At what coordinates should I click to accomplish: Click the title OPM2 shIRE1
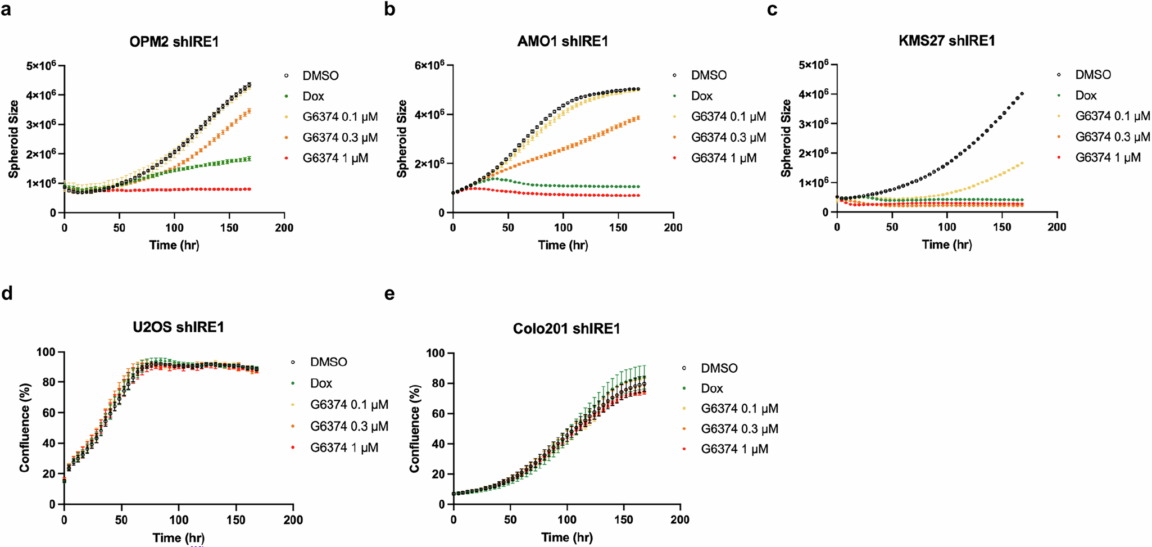click(x=174, y=42)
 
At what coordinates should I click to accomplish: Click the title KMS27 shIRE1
click(x=947, y=40)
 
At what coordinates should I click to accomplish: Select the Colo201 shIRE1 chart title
click(x=566, y=329)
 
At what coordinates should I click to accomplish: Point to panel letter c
click(x=773, y=10)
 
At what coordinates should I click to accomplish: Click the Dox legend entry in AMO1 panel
click(x=701, y=96)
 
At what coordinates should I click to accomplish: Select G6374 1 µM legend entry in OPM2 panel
click(x=335, y=159)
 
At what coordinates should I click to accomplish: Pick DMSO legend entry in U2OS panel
click(x=328, y=362)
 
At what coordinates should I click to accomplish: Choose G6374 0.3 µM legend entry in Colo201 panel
click(x=739, y=429)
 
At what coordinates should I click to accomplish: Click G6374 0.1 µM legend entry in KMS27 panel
click(x=1112, y=116)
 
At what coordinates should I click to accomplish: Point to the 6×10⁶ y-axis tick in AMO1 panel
click(x=430, y=65)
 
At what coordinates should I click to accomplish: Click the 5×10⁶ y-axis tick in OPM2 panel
click(x=41, y=66)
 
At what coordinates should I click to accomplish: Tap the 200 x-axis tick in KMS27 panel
click(x=1056, y=227)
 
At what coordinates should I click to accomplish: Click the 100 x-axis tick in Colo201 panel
click(x=566, y=519)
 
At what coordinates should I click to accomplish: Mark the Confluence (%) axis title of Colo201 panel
click(x=415, y=428)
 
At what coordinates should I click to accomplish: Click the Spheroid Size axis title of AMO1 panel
click(x=402, y=139)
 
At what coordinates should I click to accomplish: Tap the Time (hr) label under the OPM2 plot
click(x=174, y=245)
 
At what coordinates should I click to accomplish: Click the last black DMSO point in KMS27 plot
click(x=1022, y=94)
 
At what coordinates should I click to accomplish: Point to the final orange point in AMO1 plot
click(x=638, y=117)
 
